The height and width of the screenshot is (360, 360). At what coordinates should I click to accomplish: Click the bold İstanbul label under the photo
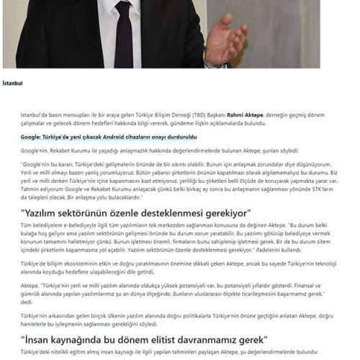tap(13, 83)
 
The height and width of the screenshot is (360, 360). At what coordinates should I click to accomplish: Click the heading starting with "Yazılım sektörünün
tap(135, 213)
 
